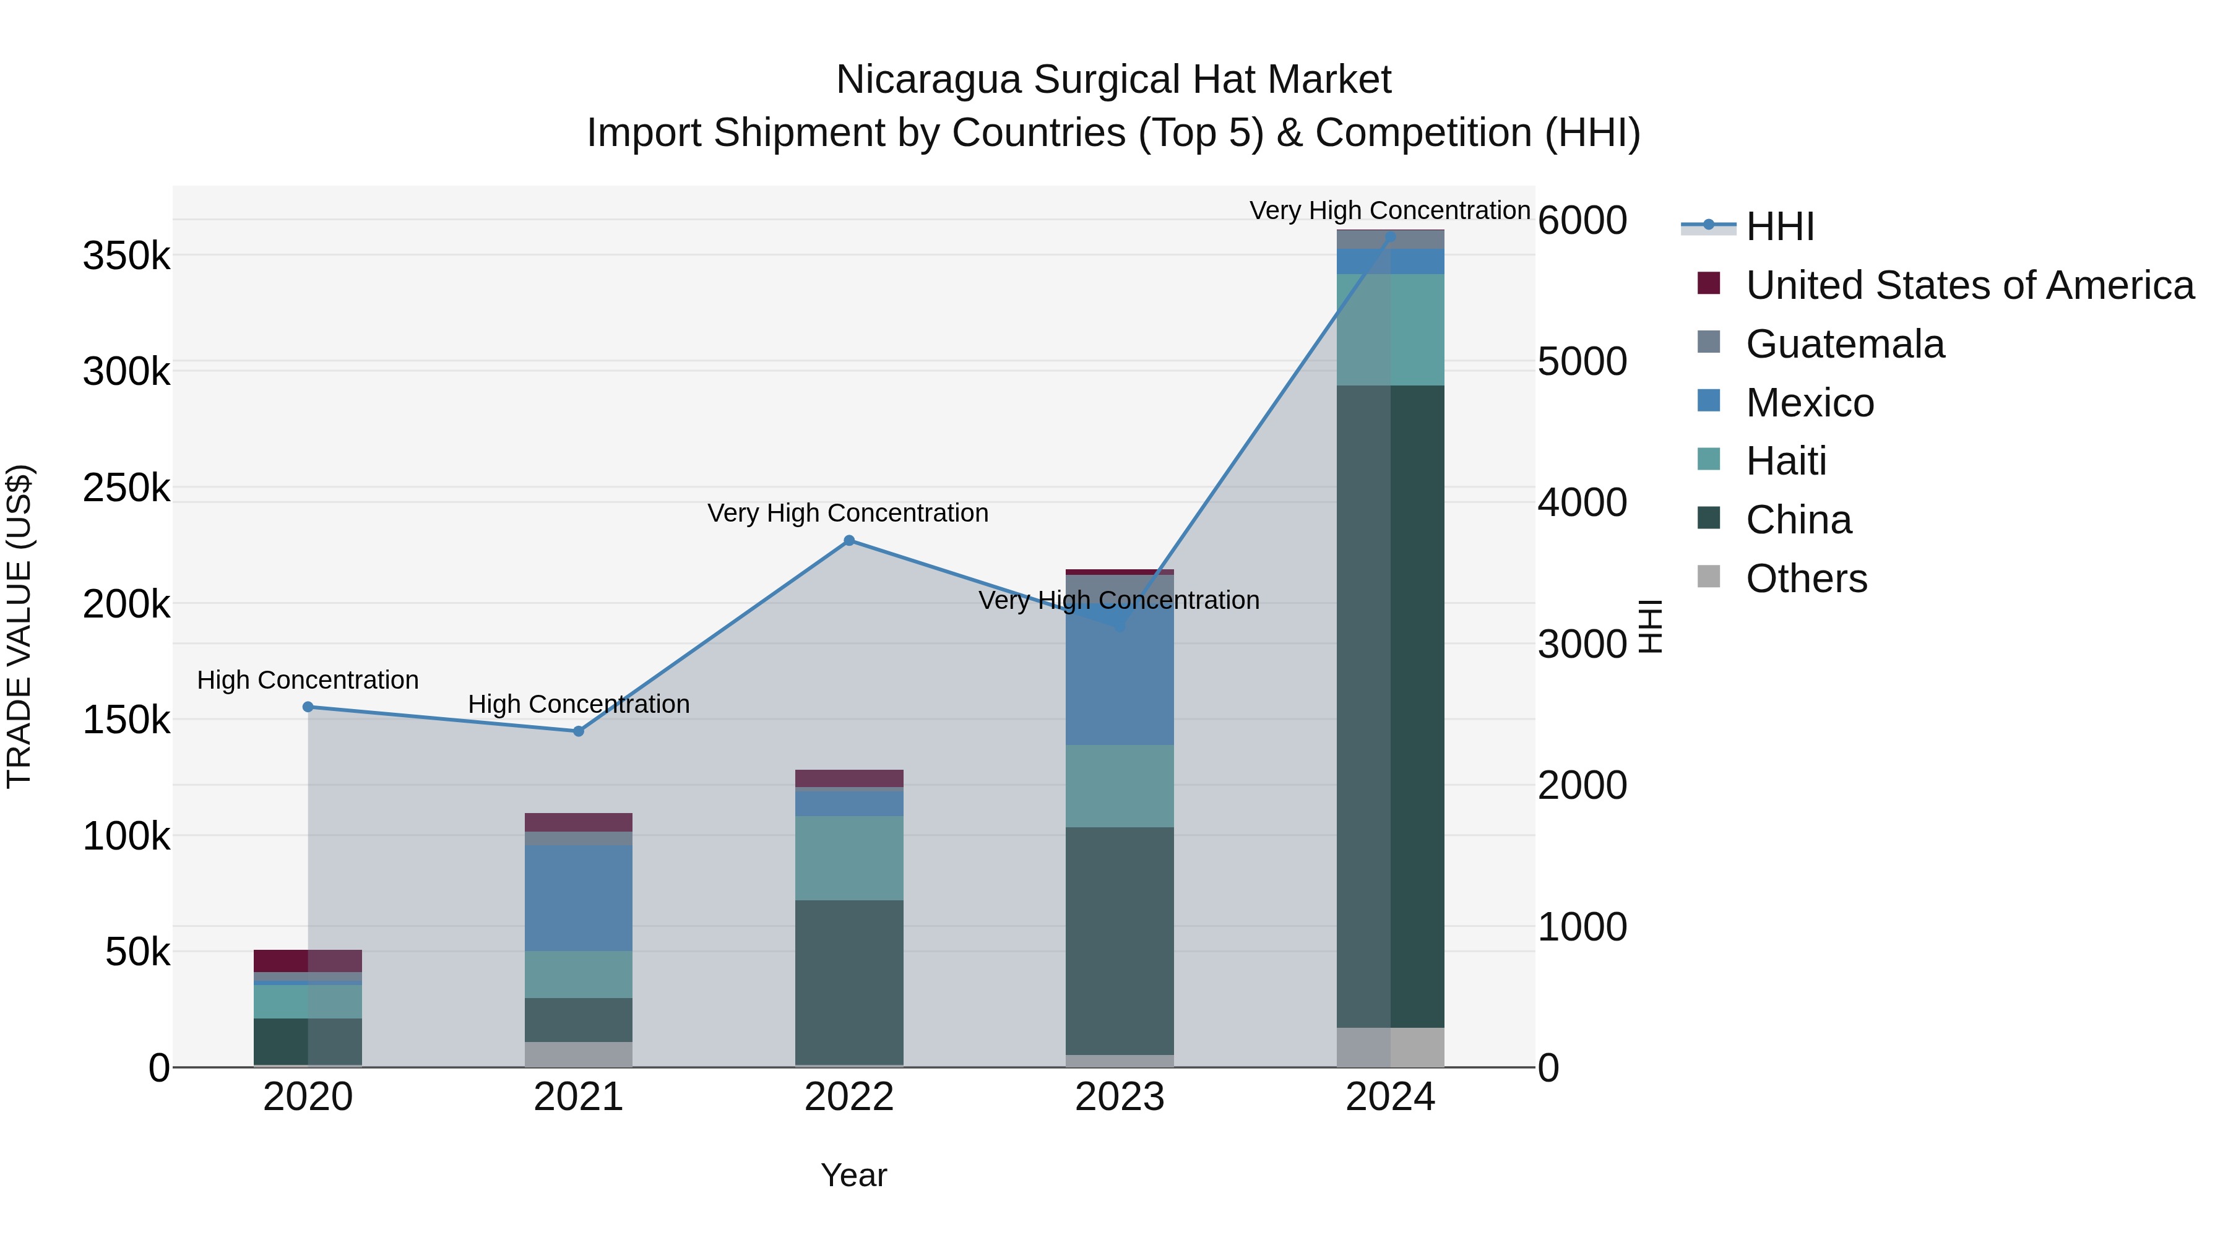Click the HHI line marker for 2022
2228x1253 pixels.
click(x=848, y=540)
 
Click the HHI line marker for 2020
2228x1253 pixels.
click(x=308, y=707)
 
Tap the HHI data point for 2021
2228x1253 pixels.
click(x=579, y=731)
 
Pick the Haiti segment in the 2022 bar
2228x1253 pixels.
click(x=848, y=858)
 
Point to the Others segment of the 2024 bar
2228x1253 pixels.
click(x=1390, y=1046)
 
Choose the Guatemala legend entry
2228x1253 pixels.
click(x=1844, y=344)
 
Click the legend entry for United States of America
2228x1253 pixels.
click(x=1969, y=285)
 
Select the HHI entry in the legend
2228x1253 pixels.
click(x=1779, y=226)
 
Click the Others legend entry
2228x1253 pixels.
click(x=1806, y=579)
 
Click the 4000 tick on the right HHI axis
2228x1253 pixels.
click(x=1582, y=502)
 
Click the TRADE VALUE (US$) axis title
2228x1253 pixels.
click(x=20, y=626)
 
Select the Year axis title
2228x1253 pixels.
click(x=853, y=1175)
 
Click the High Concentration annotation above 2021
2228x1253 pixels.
click(x=579, y=704)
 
